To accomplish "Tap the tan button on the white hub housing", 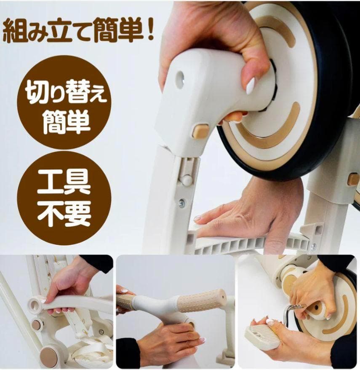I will point(200,131).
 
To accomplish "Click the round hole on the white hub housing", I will point(180,79).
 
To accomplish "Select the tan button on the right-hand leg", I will point(353,179).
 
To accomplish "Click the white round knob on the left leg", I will point(186,180).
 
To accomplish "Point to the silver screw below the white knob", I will point(182,203).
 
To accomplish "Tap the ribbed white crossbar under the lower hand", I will point(248,244).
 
